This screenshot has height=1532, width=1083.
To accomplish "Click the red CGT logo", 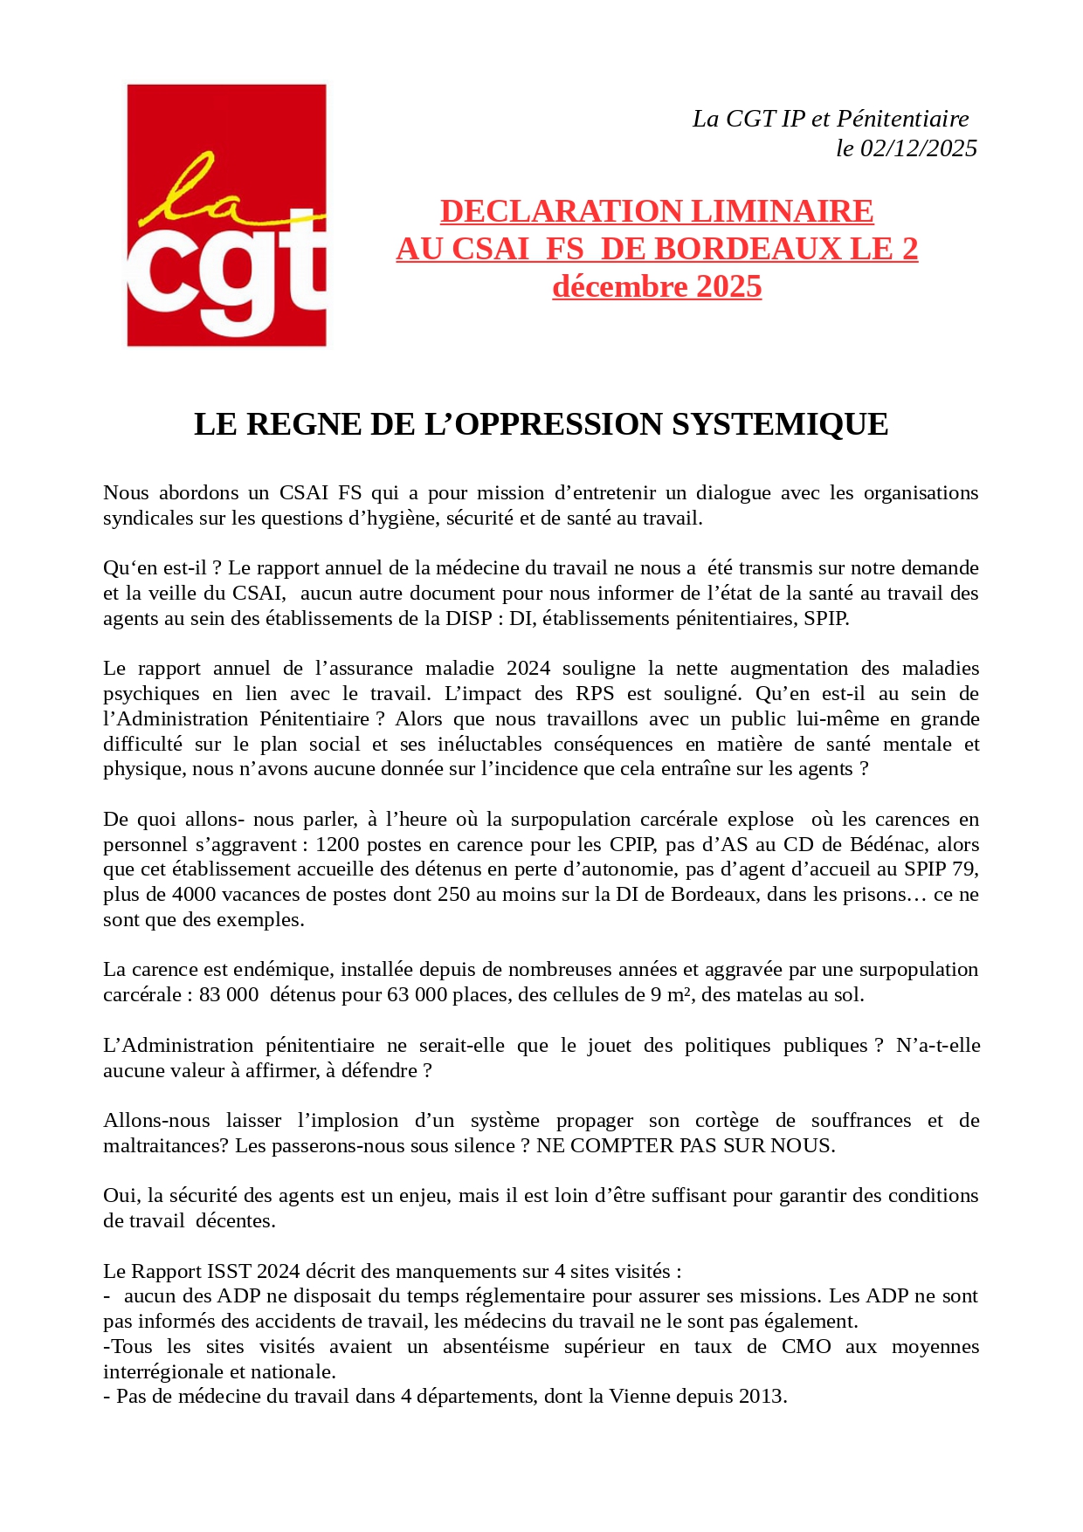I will (x=226, y=215).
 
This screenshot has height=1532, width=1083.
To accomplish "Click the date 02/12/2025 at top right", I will (x=919, y=148).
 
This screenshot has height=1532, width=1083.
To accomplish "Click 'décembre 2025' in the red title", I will (x=657, y=286).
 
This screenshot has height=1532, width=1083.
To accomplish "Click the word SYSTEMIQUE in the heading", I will (x=779, y=424).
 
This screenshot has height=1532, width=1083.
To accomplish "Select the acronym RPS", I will (x=595, y=694).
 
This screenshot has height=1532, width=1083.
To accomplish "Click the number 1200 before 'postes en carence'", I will (x=337, y=845).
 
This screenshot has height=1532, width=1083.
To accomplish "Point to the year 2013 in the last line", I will (x=762, y=1397).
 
